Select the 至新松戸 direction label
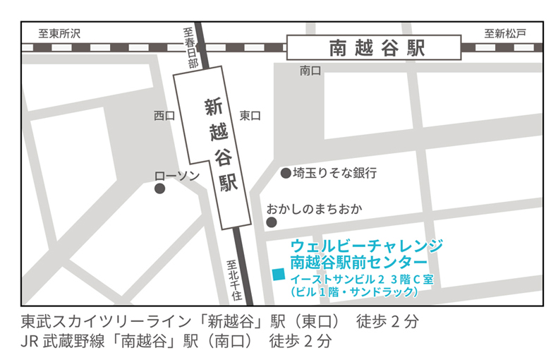(x=504, y=33)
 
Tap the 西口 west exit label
(x=164, y=116)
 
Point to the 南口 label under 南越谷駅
(x=310, y=71)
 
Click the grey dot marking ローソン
(x=160, y=188)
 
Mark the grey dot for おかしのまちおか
(x=271, y=222)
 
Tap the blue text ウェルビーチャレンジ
(x=367, y=246)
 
